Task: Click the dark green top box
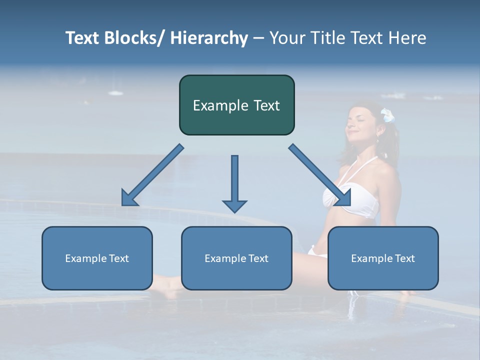click(x=236, y=105)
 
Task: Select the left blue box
click(x=97, y=258)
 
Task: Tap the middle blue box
click(x=236, y=258)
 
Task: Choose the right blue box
click(x=383, y=258)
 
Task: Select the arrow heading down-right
click(x=320, y=175)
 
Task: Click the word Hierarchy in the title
click(x=209, y=38)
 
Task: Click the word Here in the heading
click(x=408, y=38)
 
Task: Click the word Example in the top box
click(x=220, y=105)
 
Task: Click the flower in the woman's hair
click(x=387, y=115)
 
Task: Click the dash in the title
click(x=258, y=38)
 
